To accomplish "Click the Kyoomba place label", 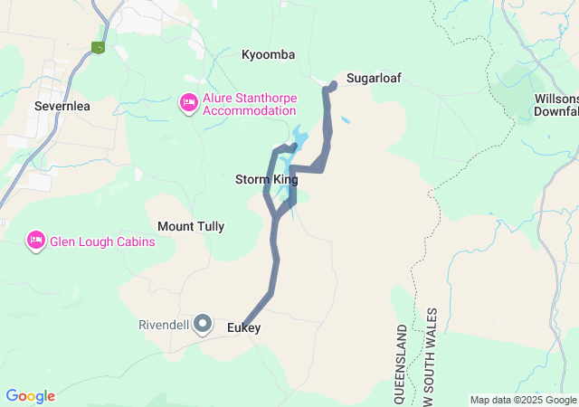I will [268, 55].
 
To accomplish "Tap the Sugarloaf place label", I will [373, 79].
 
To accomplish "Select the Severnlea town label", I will [62, 106].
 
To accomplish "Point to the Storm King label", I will [266, 180].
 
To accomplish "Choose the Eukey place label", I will [244, 327].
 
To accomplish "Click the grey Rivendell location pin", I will [204, 323].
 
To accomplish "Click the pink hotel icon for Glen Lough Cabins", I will [36, 241].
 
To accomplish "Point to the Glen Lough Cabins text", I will [102, 241].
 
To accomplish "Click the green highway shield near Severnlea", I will [99, 48].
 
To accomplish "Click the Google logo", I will [30, 396].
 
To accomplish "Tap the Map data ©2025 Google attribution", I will [523, 400].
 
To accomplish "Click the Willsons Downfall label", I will [555, 105].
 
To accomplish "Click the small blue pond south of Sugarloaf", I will [346, 119].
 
